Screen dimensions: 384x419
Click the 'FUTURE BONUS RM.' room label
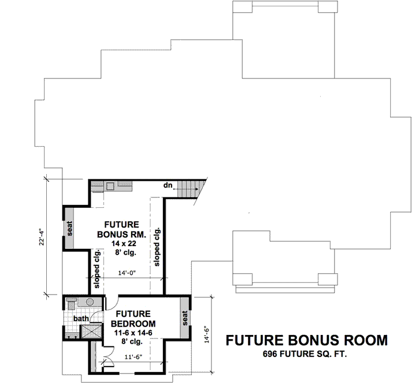121,229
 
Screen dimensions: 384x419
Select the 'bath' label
80,318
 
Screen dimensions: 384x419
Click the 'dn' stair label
168,185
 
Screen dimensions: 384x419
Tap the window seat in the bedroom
186,319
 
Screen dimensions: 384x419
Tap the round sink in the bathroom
90,302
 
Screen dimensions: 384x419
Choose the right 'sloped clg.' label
157,246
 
